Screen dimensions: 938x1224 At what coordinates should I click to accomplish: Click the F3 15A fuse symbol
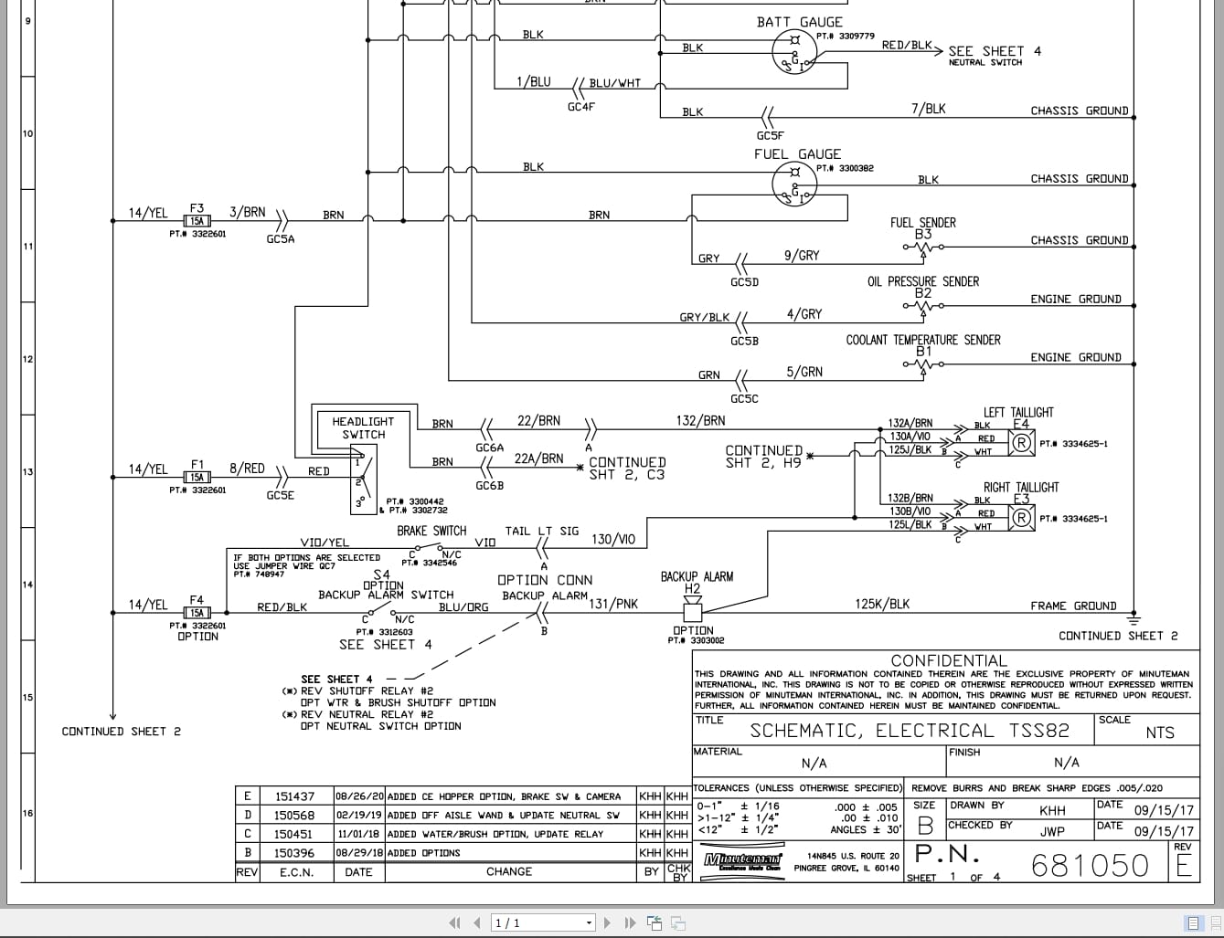pos(197,221)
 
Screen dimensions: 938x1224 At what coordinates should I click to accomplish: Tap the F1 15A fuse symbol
pos(197,477)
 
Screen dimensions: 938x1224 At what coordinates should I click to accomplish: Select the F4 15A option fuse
pos(197,613)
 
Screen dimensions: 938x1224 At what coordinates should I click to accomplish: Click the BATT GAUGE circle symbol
pos(794,51)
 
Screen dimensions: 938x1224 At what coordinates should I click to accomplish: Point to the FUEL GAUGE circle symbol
pos(794,184)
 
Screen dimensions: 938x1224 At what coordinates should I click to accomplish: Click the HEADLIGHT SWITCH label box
pos(363,428)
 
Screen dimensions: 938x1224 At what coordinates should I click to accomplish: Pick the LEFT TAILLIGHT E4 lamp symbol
pos(1021,443)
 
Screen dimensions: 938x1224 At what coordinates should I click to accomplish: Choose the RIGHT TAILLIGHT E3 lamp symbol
pos(1021,518)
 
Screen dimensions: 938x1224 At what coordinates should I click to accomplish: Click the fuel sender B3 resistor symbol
pos(923,247)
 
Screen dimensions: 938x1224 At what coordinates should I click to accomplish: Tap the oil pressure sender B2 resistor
pos(923,306)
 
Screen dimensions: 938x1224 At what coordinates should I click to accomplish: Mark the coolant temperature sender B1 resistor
pos(923,364)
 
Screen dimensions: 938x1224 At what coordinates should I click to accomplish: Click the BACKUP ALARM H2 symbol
pos(692,605)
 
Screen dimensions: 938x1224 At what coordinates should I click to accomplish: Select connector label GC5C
pos(744,399)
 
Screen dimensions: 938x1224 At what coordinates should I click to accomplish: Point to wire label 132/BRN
pos(700,421)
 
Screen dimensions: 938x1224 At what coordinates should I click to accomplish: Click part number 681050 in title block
pos(1090,865)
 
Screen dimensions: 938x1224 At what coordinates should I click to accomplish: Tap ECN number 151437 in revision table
pos(294,796)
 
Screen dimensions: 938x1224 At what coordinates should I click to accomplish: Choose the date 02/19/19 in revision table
pos(359,816)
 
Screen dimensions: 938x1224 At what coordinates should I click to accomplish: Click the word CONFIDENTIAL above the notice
pos(948,660)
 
